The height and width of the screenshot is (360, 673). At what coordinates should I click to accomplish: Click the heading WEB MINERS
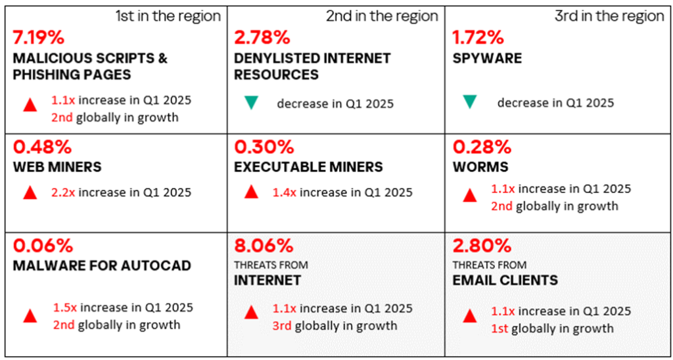[57, 167]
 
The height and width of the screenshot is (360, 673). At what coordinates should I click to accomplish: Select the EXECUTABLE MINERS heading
[308, 167]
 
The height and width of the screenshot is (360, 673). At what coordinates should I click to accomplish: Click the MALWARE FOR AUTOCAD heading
[102, 266]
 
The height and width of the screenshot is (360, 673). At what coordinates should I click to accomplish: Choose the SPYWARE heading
[487, 58]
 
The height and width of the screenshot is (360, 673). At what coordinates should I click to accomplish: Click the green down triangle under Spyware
[469, 102]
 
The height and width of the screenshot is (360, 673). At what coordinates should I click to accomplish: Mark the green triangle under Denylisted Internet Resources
[250, 102]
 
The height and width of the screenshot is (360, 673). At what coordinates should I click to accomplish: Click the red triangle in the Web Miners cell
[30, 193]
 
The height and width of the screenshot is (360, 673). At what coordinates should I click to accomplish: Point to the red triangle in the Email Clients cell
[469, 317]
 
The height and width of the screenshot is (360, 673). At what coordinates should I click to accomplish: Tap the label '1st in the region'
[168, 16]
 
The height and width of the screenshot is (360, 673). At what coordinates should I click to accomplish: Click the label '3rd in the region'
[609, 16]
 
